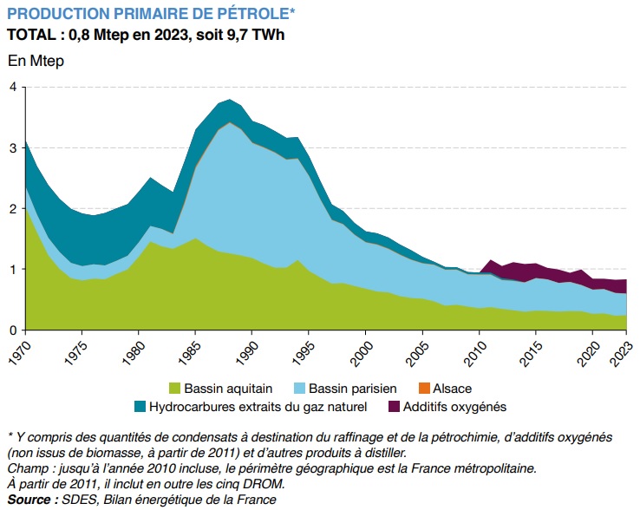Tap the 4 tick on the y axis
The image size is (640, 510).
coord(13,87)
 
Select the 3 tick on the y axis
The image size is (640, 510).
coord(13,147)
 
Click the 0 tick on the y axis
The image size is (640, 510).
coord(13,330)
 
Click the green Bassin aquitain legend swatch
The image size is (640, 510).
coord(175,389)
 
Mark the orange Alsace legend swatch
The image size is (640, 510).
coord(429,389)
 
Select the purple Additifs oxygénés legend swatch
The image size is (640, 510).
coord(395,406)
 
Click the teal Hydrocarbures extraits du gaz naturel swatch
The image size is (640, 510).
coord(140,406)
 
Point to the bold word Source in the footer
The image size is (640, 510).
coord(29,500)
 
